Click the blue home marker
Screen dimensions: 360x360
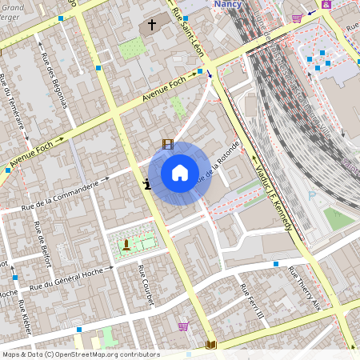[180, 173]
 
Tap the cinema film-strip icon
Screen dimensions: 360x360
[167, 144]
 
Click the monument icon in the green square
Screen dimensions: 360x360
[126, 244]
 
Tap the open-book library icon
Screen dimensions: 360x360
[211, 345]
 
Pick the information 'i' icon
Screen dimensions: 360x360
[146, 185]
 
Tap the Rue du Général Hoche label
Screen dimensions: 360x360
[69, 278]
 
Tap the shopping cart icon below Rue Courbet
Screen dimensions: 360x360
[184, 326]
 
